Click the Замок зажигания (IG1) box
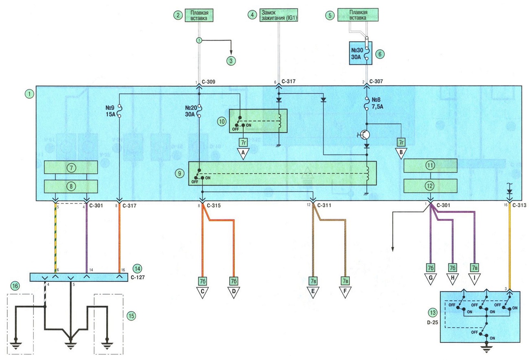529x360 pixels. tap(279, 15)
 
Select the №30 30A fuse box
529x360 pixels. tap(361, 53)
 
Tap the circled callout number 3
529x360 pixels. tap(231, 61)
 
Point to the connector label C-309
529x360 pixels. tap(208, 82)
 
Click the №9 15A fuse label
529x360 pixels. tap(110, 111)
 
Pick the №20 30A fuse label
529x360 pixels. tap(191, 111)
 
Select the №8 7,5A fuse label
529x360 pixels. tap(377, 103)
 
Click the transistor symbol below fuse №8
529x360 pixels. tap(365, 135)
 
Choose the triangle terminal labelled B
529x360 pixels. tap(401, 152)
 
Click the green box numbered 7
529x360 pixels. tap(71, 167)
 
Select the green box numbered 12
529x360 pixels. tap(430, 186)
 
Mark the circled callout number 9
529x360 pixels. tap(180, 174)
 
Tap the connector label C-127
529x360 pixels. tap(138, 277)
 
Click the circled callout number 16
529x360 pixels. tap(15, 286)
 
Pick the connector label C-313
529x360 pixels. tap(520, 205)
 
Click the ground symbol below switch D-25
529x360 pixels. tap(486, 349)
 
